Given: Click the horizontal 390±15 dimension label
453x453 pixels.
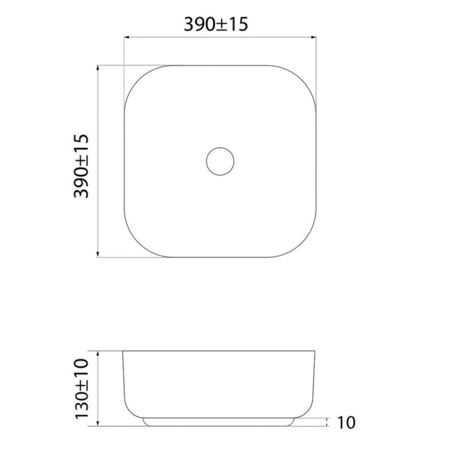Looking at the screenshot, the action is (216, 24).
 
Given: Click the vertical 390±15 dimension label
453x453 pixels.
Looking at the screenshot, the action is (81, 166).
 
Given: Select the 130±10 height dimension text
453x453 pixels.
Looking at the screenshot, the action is (81, 388).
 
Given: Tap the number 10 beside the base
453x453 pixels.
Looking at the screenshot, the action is (346, 422).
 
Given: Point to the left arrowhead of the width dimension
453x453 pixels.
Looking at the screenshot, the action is (126, 37).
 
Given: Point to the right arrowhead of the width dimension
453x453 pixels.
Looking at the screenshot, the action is (314, 37).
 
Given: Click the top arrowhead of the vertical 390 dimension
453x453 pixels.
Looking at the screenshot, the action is (97, 68).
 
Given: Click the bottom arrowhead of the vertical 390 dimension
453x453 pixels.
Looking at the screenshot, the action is (97, 254).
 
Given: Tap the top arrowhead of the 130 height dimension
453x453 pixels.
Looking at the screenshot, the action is (97, 354).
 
